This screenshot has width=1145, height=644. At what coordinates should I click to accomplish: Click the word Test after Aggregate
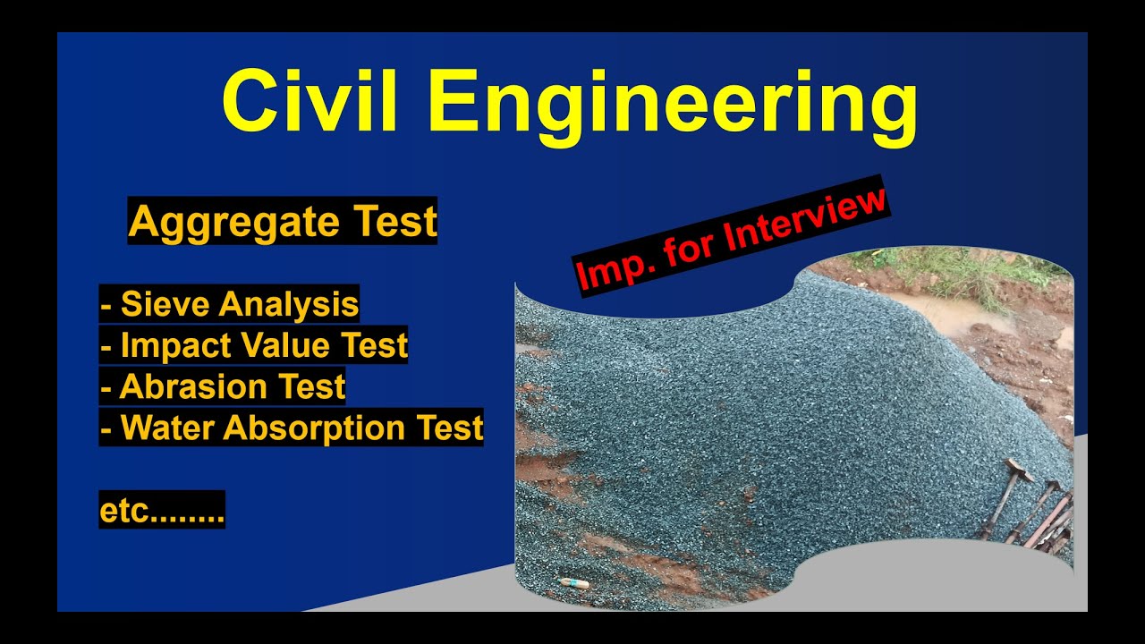[x=391, y=221]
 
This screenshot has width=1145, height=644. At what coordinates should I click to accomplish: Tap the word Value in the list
[x=269, y=345]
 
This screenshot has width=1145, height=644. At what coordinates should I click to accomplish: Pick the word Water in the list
[x=167, y=428]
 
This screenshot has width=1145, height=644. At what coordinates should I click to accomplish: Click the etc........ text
[x=162, y=511]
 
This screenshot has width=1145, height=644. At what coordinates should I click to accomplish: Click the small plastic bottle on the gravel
[x=573, y=583]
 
